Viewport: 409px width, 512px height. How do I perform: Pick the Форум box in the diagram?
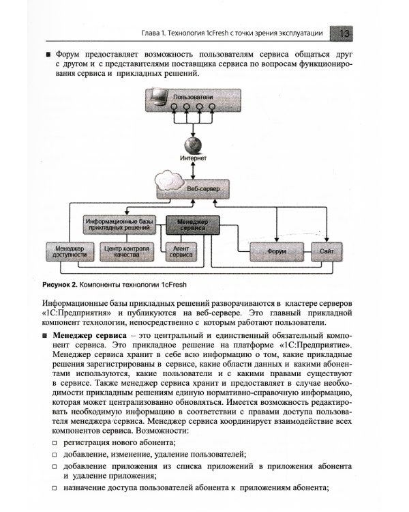[276, 252]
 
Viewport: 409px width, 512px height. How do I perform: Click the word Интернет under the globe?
[193, 158]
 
